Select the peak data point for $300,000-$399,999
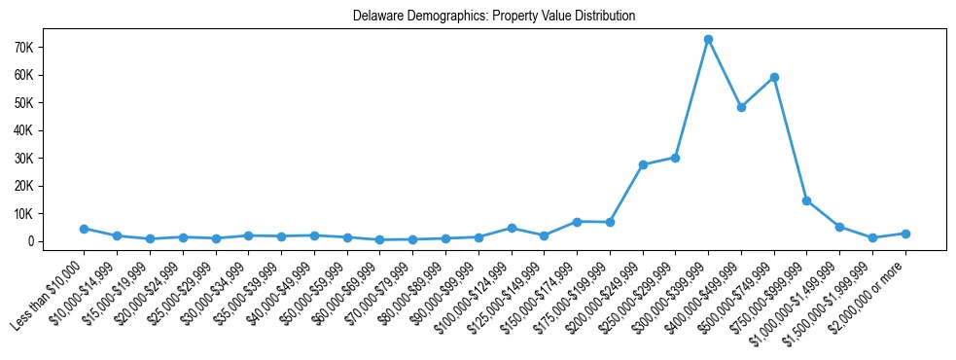(x=708, y=40)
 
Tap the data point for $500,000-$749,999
(x=774, y=77)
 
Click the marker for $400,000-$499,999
(x=741, y=107)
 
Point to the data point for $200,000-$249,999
(x=643, y=164)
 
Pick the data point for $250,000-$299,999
(x=675, y=158)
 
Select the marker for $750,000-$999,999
(x=806, y=200)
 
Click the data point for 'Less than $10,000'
(x=85, y=229)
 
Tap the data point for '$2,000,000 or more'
(x=905, y=234)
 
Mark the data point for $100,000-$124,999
(x=512, y=228)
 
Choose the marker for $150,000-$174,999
(x=577, y=222)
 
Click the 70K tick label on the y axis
(x=52, y=48)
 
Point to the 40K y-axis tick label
(x=52, y=130)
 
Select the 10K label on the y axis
(x=52, y=213)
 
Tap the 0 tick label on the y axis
(x=59, y=241)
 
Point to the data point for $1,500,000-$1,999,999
(x=872, y=237)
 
